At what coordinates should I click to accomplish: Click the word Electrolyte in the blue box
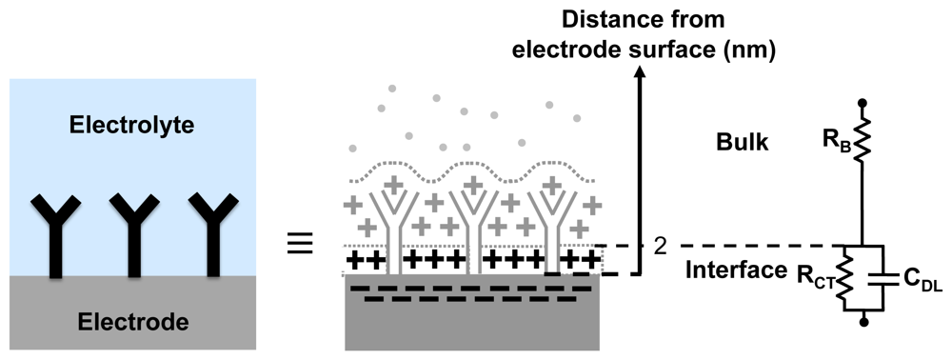(x=140, y=125)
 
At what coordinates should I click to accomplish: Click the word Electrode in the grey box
(x=139, y=324)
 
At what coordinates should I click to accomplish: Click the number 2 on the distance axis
(x=659, y=246)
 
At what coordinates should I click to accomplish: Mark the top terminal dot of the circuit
(x=863, y=102)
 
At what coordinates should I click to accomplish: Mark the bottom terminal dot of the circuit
(x=863, y=323)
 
